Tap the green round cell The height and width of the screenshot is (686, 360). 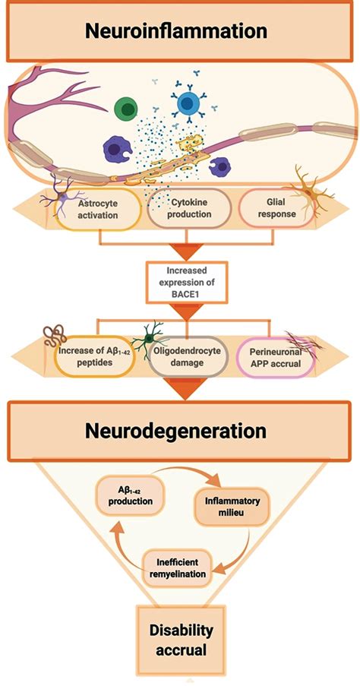pyautogui.click(x=126, y=109)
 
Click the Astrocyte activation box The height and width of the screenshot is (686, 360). pyautogui.click(x=99, y=209)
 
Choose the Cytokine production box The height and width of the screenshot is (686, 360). pyautogui.click(x=189, y=209)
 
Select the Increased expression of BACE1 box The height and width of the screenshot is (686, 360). pyautogui.click(x=187, y=283)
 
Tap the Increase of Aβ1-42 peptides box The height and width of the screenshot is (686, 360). pyautogui.click(x=94, y=357)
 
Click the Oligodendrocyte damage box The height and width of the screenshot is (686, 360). pyautogui.click(x=189, y=357)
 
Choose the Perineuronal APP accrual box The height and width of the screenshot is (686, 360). pyautogui.click(x=276, y=357)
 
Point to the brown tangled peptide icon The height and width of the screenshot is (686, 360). pyautogui.click(x=55, y=336)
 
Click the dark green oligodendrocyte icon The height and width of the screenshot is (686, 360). pyautogui.click(x=149, y=339)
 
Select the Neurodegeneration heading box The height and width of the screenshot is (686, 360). pyautogui.click(x=179, y=431)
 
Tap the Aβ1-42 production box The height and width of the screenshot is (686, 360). pyautogui.click(x=131, y=495)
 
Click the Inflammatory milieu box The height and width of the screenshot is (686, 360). pyautogui.click(x=232, y=506)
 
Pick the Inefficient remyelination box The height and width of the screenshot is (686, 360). pyautogui.click(x=178, y=567)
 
